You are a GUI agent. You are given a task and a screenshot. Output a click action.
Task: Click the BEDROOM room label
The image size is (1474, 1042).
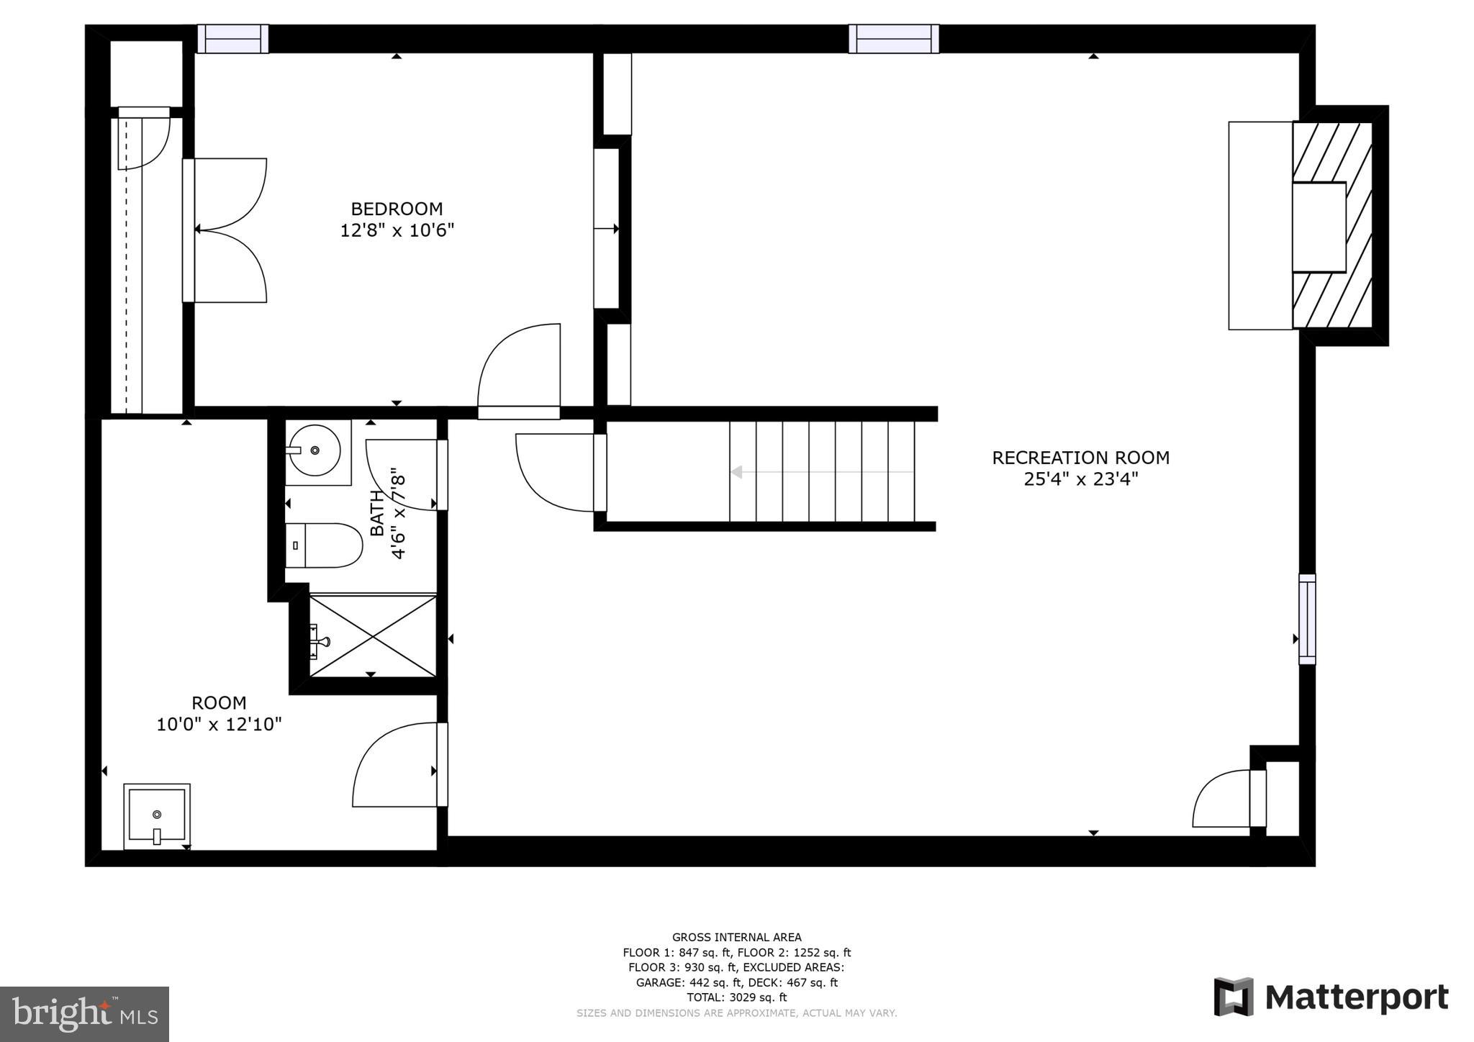[x=397, y=209]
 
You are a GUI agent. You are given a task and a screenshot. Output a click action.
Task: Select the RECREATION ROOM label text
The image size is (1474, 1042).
[x=1080, y=458]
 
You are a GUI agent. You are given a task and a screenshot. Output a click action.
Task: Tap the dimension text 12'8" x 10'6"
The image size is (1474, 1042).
[x=397, y=230]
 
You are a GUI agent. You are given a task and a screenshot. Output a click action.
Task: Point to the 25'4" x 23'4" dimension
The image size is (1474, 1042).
[x=1080, y=479]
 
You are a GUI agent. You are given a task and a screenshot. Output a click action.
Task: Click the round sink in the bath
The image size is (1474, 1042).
[x=315, y=450]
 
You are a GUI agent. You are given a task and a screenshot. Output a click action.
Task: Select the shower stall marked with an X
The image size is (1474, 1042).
[x=372, y=635]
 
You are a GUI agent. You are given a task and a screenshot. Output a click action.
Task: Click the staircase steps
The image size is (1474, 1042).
[x=821, y=471]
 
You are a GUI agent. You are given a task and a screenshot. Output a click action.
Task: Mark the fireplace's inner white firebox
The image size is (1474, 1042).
[x=1319, y=227]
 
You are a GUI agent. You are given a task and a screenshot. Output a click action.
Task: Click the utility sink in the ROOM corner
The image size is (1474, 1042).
[x=157, y=816]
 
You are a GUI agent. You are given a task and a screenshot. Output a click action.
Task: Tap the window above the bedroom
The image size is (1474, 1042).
[x=232, y=39]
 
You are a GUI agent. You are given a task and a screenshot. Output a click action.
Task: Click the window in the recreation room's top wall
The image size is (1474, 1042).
[x=893, y=39]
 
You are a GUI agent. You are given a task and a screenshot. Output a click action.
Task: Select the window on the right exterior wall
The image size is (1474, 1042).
[x=1307, y=619]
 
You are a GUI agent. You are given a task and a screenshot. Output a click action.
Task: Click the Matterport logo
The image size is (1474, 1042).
[x=1331, y=997]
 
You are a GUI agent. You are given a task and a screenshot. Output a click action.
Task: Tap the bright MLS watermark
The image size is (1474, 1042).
[x=84, y=1014]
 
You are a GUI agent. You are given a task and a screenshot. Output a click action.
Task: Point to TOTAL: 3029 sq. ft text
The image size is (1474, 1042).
[x=736, y=997]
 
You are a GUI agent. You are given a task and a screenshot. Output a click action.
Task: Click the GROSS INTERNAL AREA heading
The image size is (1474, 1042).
[x=736, y=937]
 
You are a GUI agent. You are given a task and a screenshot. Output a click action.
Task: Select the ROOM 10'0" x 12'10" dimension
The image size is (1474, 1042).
[x=219, y=724]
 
